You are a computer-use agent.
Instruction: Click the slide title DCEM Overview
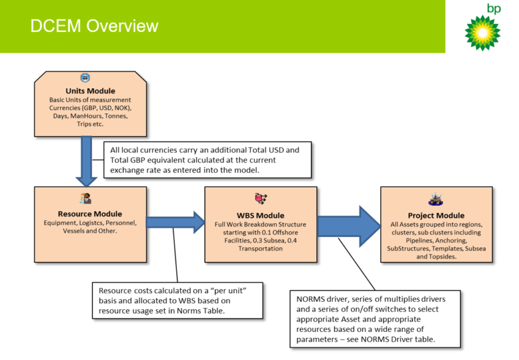coord(94,26)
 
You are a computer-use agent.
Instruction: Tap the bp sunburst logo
coord(482,32)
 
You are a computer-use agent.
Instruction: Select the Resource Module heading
coord(90,214)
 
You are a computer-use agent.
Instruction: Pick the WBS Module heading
coord(261,216)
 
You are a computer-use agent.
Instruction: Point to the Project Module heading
coord(436,216)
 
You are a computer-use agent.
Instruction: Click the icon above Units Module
coord(85,78)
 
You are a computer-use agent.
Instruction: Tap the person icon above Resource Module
coord(86,199)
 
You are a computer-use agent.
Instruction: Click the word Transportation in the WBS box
coord(261,249)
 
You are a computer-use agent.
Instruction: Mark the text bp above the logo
coord(493,9)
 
